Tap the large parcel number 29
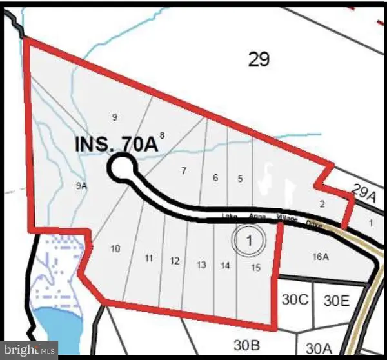tap(258, 60)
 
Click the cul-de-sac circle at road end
tap(120, 168)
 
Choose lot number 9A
tap(81, 186)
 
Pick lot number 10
tap(116, 248)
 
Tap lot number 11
tap(149, 258)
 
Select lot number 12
tap(174, 261)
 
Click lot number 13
tap(201, 265)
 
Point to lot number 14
tap(225, 265)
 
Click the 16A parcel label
tap(321, 257)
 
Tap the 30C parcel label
tap(296, 299)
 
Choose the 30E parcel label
tap(336, 300)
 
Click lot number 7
tap(184, 172)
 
